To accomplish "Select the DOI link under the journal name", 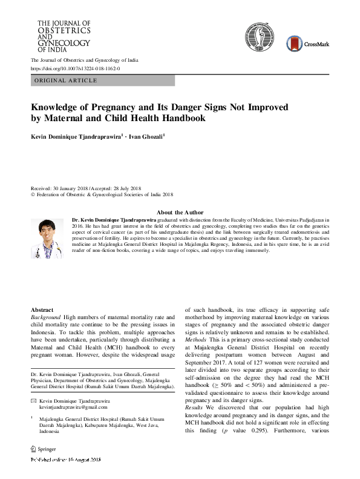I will (75, 69).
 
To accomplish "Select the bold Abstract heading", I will (42, 309).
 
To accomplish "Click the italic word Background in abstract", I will (48, 317).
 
